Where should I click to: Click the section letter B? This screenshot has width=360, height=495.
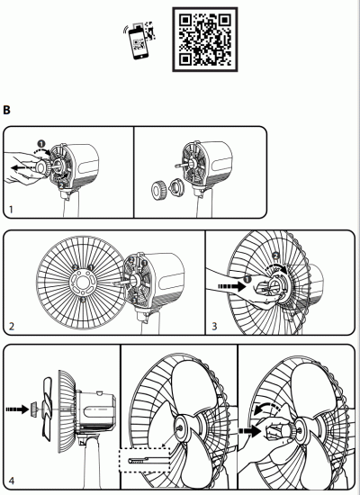click(x=7, y=111)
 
